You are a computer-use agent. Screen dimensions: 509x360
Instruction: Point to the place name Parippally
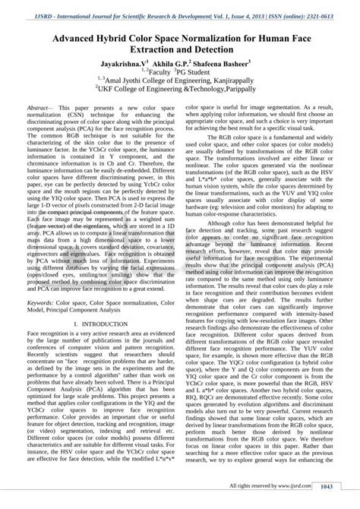[x=242, y=96]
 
